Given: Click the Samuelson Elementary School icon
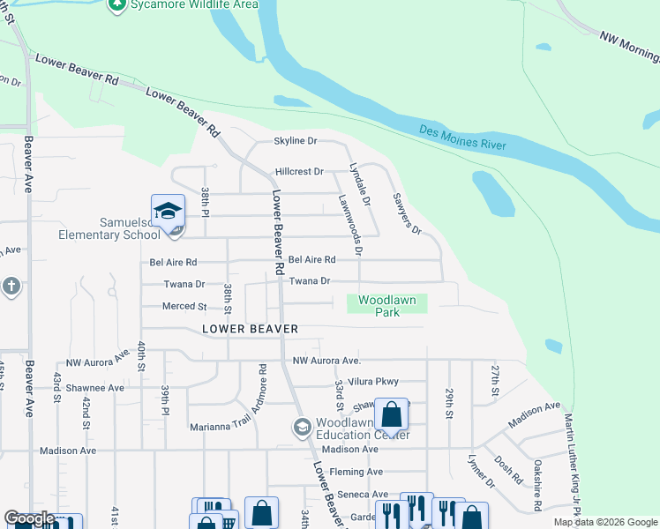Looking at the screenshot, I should (168, 212).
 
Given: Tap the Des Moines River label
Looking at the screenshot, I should (462, 137).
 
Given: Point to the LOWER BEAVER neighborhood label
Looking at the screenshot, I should (250, 329).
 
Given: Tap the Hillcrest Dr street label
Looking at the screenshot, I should (299, 172).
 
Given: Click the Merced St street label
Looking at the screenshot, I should (184, 307).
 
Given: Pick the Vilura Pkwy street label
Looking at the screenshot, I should (373, 382).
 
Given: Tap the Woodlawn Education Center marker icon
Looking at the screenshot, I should (302, 428).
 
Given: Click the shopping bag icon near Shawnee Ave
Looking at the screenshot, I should (391, 414).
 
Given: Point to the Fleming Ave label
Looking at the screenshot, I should (356, 472).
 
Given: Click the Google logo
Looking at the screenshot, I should (29, 519).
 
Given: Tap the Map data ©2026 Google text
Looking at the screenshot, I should (605, 522).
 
